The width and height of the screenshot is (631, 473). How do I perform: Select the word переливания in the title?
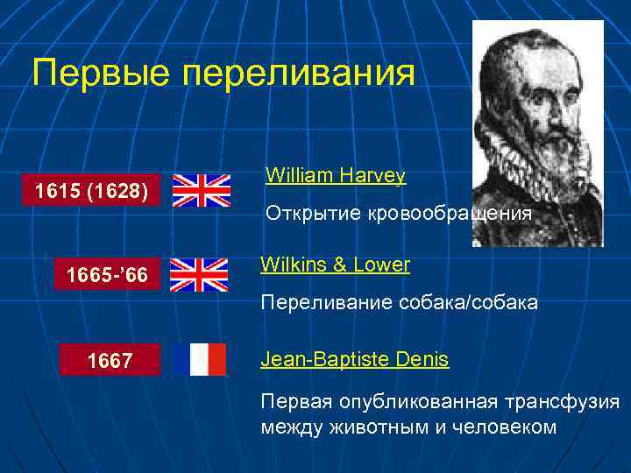click(298, 73)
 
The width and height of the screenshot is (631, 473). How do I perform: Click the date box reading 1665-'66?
click(108, 277)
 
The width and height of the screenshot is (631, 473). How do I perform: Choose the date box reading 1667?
click(110, 359)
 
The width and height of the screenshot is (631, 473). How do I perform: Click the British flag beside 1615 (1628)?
click(201, 190)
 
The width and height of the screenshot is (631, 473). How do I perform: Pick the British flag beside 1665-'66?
click(198, 275)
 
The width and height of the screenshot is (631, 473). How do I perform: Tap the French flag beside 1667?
click(199, 359)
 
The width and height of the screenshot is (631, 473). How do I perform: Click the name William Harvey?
click(335, 176)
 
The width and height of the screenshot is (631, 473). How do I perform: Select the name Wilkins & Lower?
click(335, 265)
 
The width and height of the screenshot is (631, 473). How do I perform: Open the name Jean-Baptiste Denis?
click(354, 359)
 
